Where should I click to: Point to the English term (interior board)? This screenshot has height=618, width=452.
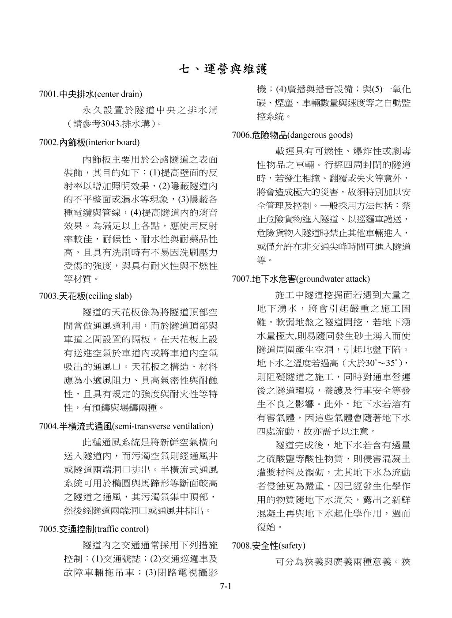point(113,143)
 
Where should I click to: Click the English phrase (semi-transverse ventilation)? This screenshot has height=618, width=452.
point(163,426)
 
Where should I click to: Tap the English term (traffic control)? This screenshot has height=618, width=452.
point(122,529)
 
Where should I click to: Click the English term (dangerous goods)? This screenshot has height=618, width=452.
point(320,135)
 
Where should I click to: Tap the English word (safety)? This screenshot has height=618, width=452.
point(291,546)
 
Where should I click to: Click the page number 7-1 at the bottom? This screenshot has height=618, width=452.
point(226,587)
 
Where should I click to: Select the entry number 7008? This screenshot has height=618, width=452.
point(241,546)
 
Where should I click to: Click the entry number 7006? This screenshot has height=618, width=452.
point(241,135)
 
